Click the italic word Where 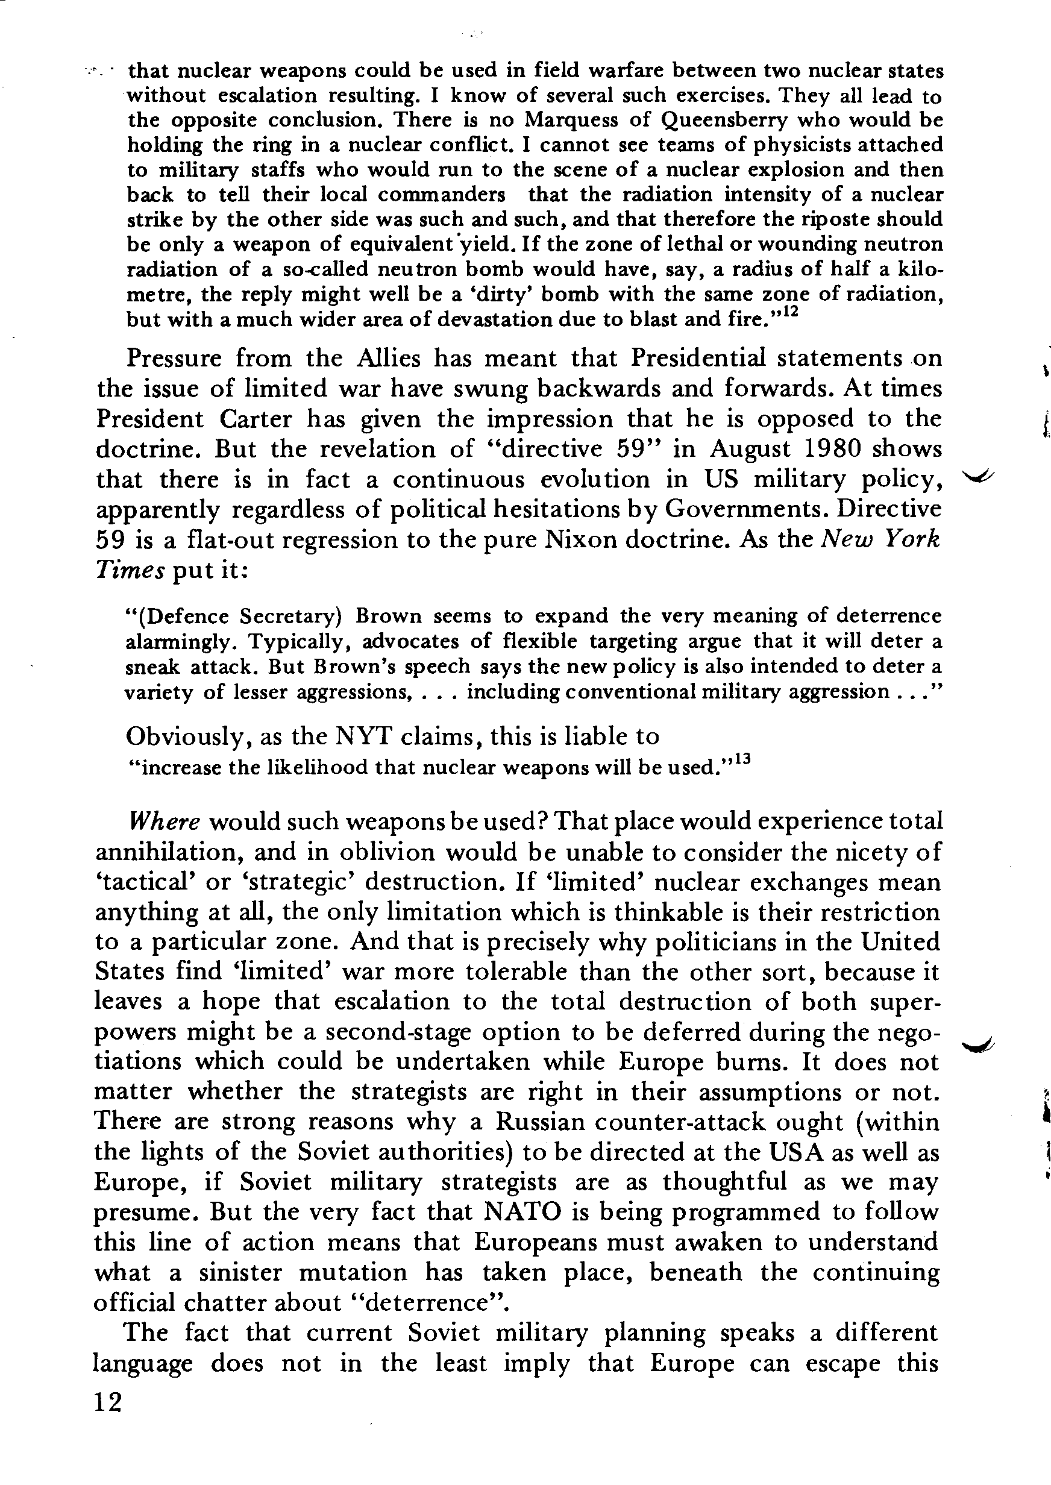coord(165,822)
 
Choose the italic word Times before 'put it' coord(130,570)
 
